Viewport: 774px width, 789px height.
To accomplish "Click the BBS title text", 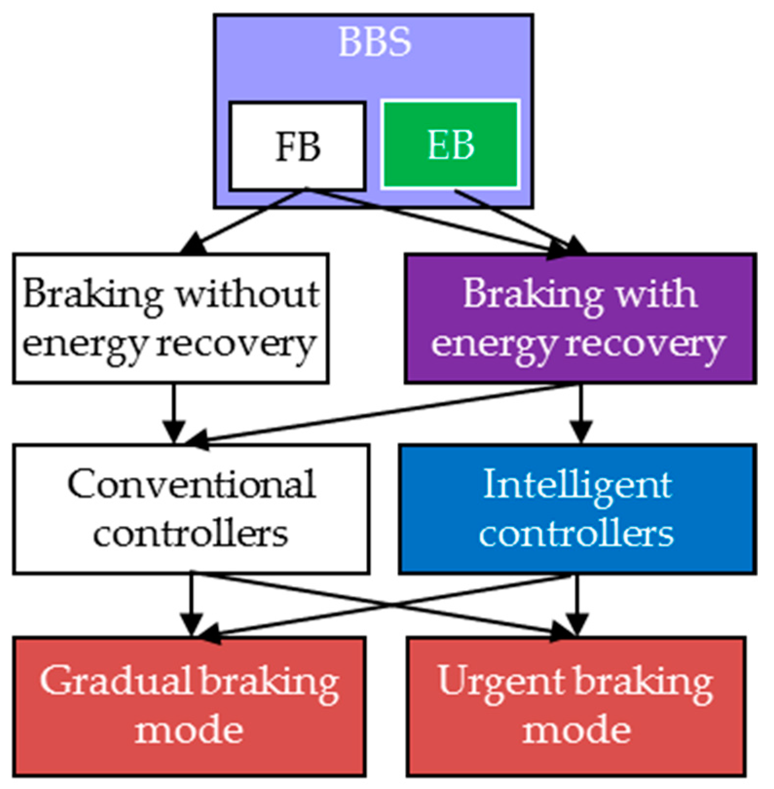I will pos(374,42).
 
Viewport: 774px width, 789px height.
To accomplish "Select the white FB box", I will pos(297,146).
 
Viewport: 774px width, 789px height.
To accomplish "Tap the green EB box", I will pos(450,144).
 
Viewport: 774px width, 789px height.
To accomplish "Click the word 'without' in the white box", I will pos(247,294).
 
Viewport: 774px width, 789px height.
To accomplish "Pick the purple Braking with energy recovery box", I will pos(580,319).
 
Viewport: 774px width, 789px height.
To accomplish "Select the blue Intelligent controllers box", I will pos(577,509).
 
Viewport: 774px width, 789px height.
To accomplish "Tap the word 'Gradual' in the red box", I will pos(117,681).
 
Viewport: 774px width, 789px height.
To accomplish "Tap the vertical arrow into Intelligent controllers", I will pos(581,413).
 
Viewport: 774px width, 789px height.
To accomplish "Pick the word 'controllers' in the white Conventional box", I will pos(191,534).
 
